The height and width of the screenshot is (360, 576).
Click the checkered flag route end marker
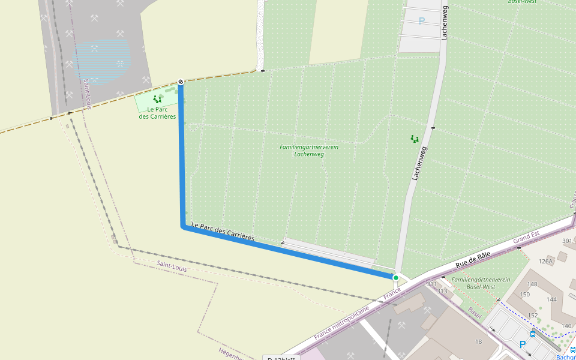click(x=181, y=82)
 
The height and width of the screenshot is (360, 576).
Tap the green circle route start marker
click(x=395, y=278)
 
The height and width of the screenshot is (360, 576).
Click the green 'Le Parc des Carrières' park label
click(x=157, y=113)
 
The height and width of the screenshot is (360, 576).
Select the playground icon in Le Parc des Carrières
click(x=157, y=99)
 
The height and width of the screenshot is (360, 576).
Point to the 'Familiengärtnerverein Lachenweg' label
click(x=309, y=151)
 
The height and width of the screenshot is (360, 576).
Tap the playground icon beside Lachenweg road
click(x=414, y=139)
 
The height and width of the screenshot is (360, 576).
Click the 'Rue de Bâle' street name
click(x=473, y=259)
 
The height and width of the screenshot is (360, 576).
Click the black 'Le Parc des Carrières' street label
click(x=223, y=232)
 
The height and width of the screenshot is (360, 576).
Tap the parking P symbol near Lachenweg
click(x=421, y=21)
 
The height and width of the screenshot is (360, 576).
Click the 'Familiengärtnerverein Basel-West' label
click(x=481, y=283)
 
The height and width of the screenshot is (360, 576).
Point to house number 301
click(x=567, y=241)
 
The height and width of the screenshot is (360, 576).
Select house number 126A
click(x=545, y=261)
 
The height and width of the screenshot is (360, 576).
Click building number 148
click(x=532, y=284)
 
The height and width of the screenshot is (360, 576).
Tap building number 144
click(x=551, y=299)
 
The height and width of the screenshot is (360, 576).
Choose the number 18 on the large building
click(x=478, y=342)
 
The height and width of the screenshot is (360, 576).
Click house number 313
click(x=442, y=292)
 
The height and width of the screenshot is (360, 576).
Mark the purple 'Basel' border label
click(x=475, y=313)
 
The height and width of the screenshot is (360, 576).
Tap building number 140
click(x=566, y=326)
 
